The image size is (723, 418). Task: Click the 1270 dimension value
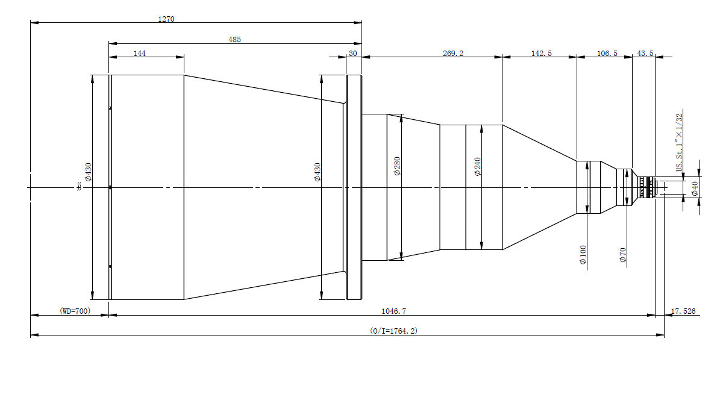(166, 19)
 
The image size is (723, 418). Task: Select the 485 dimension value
(234, 39)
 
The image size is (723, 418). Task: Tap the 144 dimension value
(139, 53)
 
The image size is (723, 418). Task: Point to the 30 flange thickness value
(353, 53)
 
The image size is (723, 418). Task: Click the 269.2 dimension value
(453, 53)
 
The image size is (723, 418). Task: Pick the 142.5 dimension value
(542, 53)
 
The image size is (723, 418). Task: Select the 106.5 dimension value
(607, 53)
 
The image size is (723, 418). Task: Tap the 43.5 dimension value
(645, 53)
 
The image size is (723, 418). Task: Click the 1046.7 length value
(394, 311)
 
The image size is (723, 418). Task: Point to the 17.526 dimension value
(683, 311)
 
